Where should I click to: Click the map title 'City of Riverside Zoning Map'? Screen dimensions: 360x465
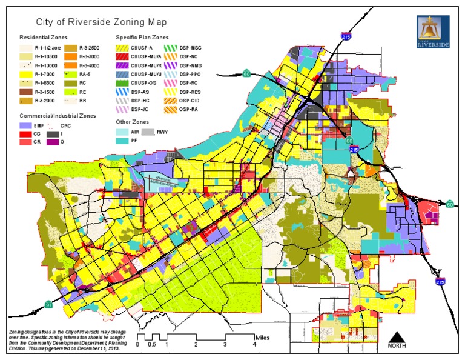(x=102, y=22)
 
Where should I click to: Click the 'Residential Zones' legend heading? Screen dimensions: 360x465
(x=43, y=36)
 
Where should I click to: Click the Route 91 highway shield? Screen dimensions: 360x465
(x=48, y=304)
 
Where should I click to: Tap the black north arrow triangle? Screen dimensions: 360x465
(x=397, y=338)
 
